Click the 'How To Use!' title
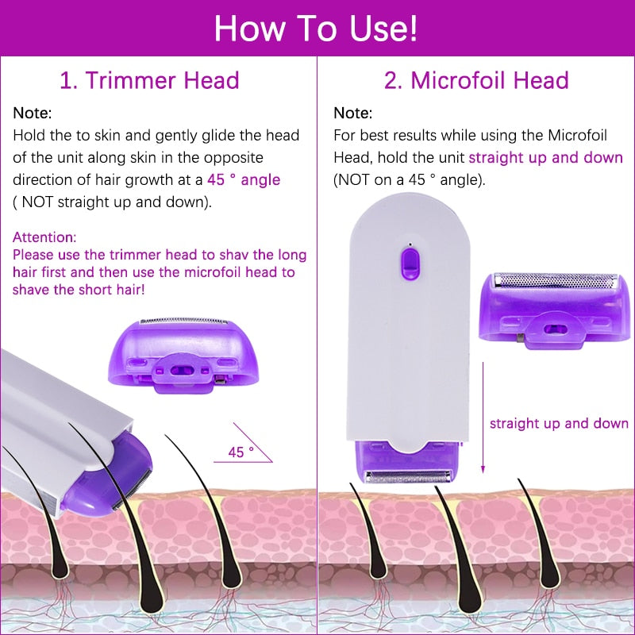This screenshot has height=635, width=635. [316, 28]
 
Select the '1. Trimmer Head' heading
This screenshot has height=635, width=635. [150, 80]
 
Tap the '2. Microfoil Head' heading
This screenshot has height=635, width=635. [476, 80]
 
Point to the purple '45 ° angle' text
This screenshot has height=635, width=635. [244, 179]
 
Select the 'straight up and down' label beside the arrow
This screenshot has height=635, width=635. [559, 424]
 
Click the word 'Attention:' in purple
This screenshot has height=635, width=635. [44, 237]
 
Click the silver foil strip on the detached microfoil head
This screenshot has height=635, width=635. [555, 280]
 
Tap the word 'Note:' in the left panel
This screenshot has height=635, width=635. [33, 114]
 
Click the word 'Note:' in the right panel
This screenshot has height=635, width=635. [352, 114]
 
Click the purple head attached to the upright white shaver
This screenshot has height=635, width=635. [409, 464]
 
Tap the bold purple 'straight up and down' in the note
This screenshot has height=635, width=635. [546, 157]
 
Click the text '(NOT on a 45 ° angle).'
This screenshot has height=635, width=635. [409, 179]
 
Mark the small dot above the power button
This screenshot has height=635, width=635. [410, 243]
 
